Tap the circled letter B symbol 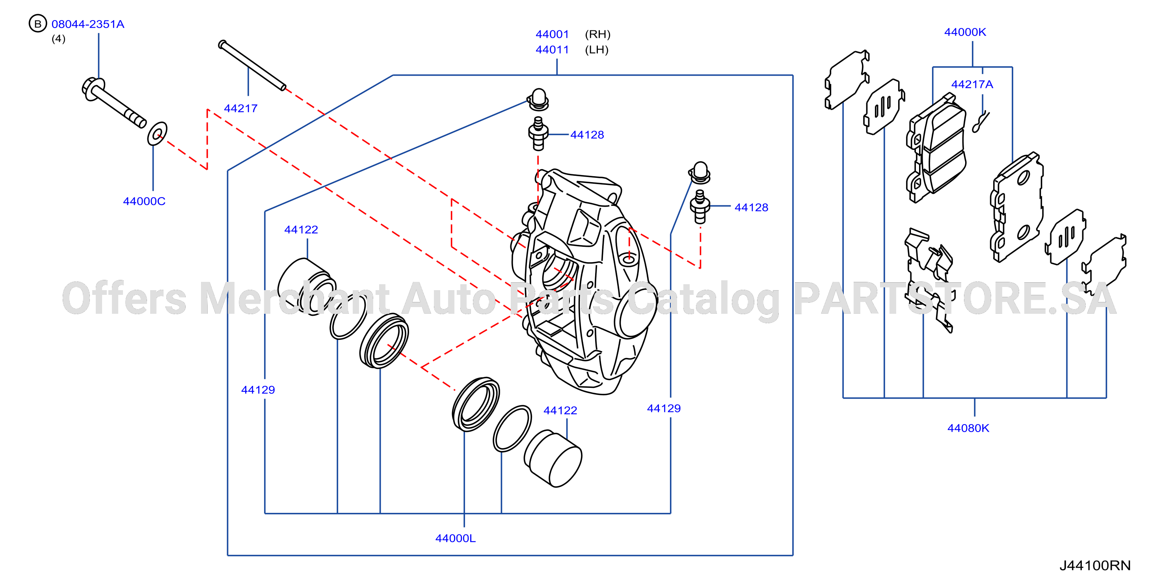click(x=38, y=23)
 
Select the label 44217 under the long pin click(x=240, y=108)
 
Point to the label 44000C click(x=144, y=201)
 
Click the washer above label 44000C click(x=157, y=133)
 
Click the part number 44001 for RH click(x=553, y=34)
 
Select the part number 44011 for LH click(x=553, y=49)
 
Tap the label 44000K click(x=965, y=32)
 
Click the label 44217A click(x=972, y=84)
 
